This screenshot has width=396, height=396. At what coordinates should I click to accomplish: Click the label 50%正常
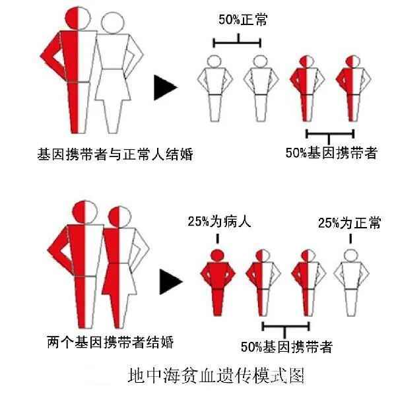(x=243, y=20)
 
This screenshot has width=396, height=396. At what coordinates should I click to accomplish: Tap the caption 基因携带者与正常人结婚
(x=115, y=154)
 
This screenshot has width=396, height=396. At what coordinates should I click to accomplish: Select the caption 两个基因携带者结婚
(x=110, y=342)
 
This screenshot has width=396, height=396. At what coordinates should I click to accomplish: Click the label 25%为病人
(x=219, y=222)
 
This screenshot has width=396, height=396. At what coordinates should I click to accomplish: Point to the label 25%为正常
(x=349, y=223)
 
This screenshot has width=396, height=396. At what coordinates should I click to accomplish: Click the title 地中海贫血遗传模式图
(x=216, y=376)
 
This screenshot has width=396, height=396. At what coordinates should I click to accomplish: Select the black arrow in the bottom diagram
(x=171, y=282)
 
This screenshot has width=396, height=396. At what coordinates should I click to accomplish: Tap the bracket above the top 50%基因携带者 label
(x=330, y=135)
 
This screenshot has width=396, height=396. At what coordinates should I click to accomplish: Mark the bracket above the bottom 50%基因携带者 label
(x=286, y=328)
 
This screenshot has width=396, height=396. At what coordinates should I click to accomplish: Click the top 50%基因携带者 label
(x=331, y=153)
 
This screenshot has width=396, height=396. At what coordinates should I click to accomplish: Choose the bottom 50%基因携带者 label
(x=286, y=346)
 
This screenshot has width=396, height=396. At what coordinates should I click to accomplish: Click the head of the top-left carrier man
(x=78, y=18)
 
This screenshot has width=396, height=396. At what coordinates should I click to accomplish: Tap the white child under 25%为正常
(x=351, y=282)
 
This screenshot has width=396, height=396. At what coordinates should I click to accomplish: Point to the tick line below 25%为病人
(x=217, y=239)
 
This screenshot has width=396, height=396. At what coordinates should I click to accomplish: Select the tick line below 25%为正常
(x=350, y=239)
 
